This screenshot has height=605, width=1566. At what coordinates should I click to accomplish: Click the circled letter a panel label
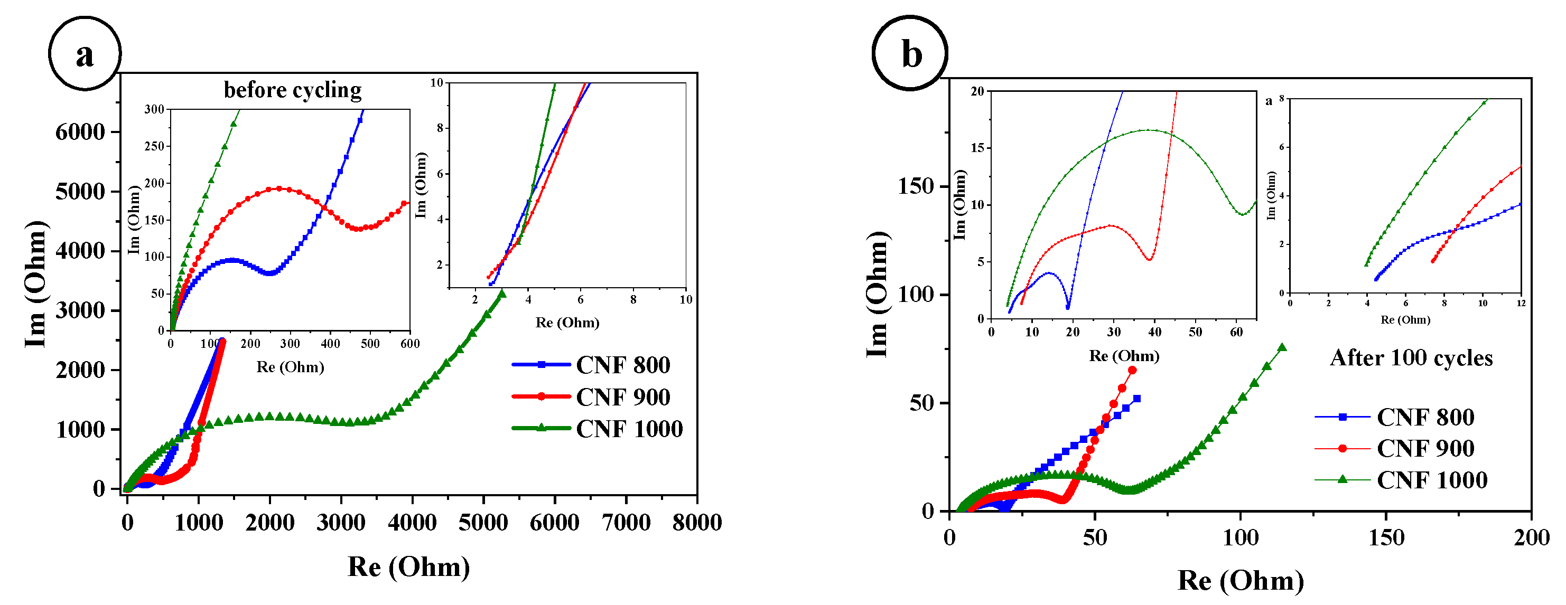85,53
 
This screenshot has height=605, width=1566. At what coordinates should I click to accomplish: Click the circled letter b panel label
910,53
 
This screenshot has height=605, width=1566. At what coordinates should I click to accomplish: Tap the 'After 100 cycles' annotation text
1411,357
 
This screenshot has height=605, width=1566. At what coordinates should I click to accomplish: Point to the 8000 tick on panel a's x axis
697,523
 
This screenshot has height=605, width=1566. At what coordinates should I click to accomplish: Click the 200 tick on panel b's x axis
1531,537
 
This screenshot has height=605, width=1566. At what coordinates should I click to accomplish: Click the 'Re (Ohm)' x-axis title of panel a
408,567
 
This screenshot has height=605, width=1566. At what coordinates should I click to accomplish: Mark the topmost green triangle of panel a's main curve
502,294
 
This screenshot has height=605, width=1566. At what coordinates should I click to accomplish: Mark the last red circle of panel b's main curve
1132,370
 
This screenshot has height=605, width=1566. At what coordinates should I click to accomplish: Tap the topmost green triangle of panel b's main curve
1282,347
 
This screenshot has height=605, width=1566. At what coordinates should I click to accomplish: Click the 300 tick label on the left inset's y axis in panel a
154,109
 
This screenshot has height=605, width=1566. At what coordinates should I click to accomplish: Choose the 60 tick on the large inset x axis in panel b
1236,332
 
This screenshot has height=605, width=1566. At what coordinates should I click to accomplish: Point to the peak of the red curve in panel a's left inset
279,188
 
